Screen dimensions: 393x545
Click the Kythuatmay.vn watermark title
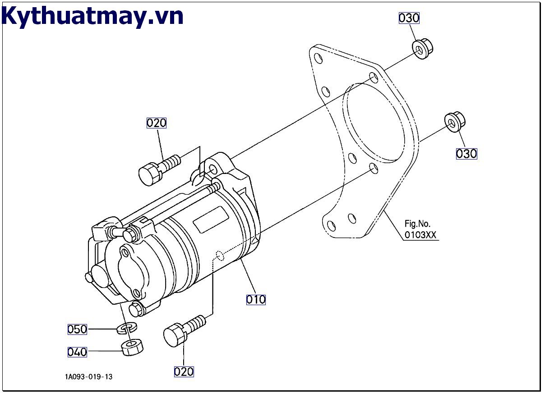pos(92,16)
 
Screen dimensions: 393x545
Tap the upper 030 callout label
pos(409,18)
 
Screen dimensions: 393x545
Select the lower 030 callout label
pos(466,154)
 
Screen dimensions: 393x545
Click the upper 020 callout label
pos(157,123)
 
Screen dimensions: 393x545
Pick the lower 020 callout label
pos(184,371)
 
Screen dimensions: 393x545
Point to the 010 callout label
pos(256,299)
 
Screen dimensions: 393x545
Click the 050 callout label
pos(77,329)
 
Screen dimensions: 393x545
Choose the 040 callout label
pos(77,352)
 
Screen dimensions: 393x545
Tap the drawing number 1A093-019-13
pos(88,377)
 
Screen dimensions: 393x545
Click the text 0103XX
pos(420,235)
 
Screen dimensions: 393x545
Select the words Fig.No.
pos(417,224)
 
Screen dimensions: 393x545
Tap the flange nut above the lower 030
pos(454,121)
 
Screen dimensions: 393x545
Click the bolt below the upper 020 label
pos(158,169)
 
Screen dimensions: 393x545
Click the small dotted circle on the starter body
pos(220,256)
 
